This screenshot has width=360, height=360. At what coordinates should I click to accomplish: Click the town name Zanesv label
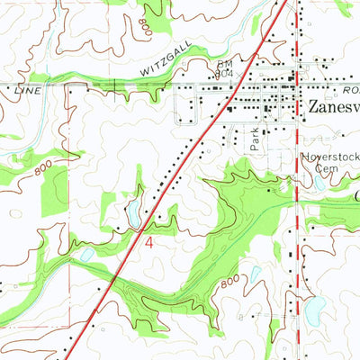click(333, 106)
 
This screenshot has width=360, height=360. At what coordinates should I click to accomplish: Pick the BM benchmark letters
click(224, 66)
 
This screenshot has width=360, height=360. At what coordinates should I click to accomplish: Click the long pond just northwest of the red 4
click(133, 212)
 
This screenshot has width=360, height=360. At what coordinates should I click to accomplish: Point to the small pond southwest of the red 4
click(87, 255)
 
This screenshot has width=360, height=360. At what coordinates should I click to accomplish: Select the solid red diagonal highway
click(180, 171)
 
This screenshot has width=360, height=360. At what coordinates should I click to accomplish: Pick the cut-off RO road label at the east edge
click(351, 91)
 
